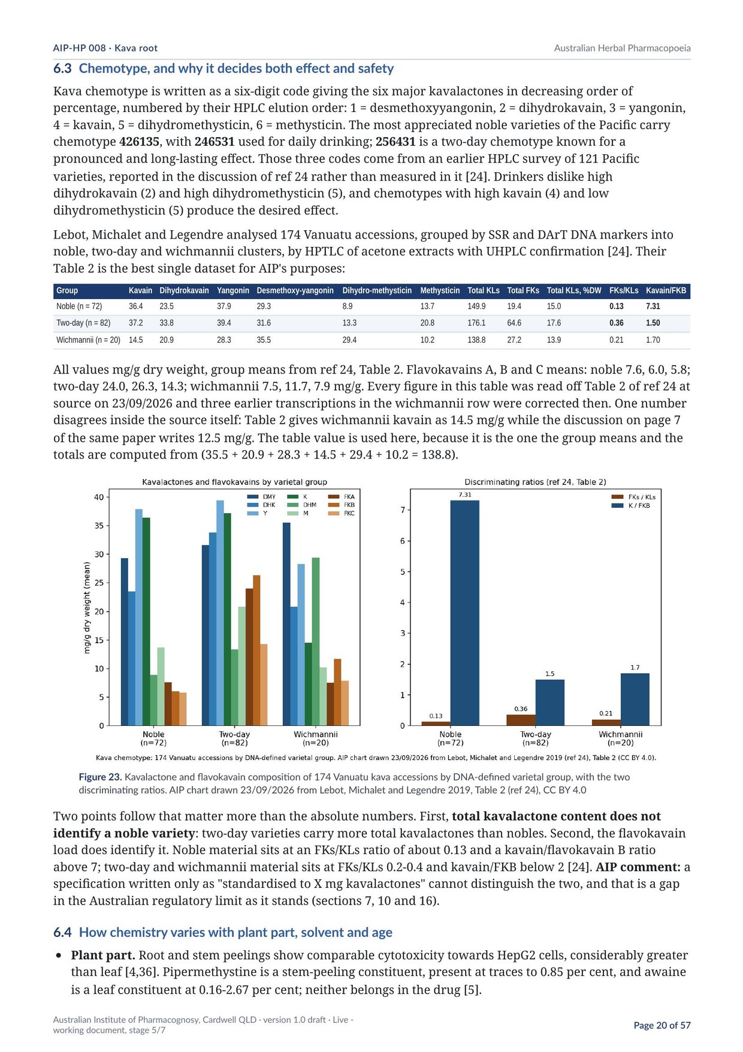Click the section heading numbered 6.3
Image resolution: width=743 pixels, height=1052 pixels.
[x=223, y=68]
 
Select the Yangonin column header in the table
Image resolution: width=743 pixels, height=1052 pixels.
[x=233, y=291]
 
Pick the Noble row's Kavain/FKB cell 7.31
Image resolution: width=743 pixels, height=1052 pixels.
[x=653, y=306]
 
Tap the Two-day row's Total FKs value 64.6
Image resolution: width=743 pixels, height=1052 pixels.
[x=514, y=323]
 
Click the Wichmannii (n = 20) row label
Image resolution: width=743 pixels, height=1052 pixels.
[x=88, y=340]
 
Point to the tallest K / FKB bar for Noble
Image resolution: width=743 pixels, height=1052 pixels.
[x=464, y=613]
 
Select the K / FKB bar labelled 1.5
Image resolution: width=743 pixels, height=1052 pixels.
[x=549, y=703]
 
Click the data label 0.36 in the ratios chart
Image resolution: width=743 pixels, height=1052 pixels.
[x=521, y=709]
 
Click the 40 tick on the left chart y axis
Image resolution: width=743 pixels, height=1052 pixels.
[x=99, y=497]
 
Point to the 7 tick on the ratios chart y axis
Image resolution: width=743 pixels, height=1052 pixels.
[x=403, y=510]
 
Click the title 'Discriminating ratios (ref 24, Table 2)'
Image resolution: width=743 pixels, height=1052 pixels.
[x=535, y=482]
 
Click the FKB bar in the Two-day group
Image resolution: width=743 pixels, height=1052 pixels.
[x=256, y=650]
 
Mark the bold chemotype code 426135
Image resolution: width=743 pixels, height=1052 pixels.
[x=139, y=142]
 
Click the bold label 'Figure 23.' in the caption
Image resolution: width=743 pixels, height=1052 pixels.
[x=100, y=777]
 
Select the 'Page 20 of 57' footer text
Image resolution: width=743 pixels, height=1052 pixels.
[x=662, y=1025]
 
